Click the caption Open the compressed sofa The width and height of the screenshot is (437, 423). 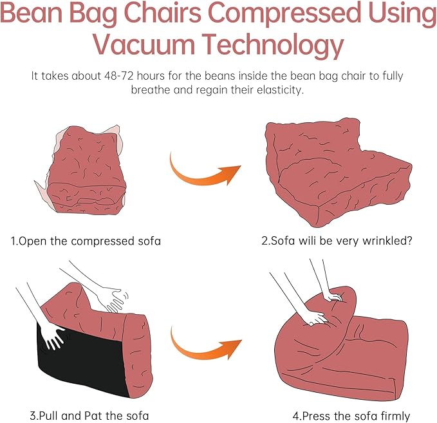click(86, 241)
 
